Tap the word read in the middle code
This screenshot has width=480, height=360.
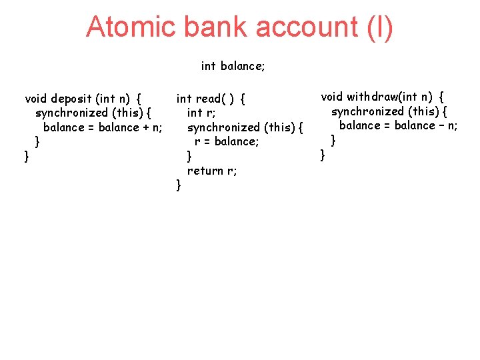(209, 99)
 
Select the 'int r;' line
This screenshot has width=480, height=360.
(201, 113)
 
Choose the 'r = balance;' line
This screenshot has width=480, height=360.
(227, 141)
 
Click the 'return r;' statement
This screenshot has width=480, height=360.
(212, 171)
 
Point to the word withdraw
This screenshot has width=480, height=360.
(375, 97)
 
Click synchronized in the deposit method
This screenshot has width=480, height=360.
(71, 113)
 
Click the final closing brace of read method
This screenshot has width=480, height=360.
(178, 185)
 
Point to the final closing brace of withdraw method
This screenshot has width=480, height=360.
(323, 155)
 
